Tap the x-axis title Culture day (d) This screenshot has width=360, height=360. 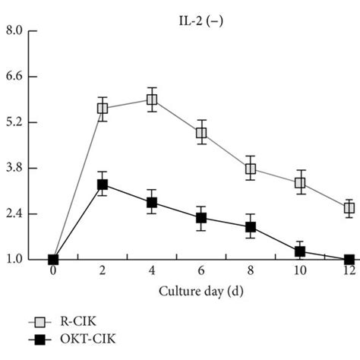coord(201,291)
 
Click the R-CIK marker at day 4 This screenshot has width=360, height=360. coord(152,99)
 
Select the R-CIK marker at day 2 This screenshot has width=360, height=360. coord(103,109)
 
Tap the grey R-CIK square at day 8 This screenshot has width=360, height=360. coord(251,168)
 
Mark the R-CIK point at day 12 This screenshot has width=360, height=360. coord(349,207)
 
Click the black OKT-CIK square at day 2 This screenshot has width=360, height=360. coord(103,185)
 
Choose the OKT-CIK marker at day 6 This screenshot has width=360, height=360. coord(201,218)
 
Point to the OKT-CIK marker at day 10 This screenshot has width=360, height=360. coord(299,251)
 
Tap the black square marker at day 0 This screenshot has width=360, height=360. coord(53,260)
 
